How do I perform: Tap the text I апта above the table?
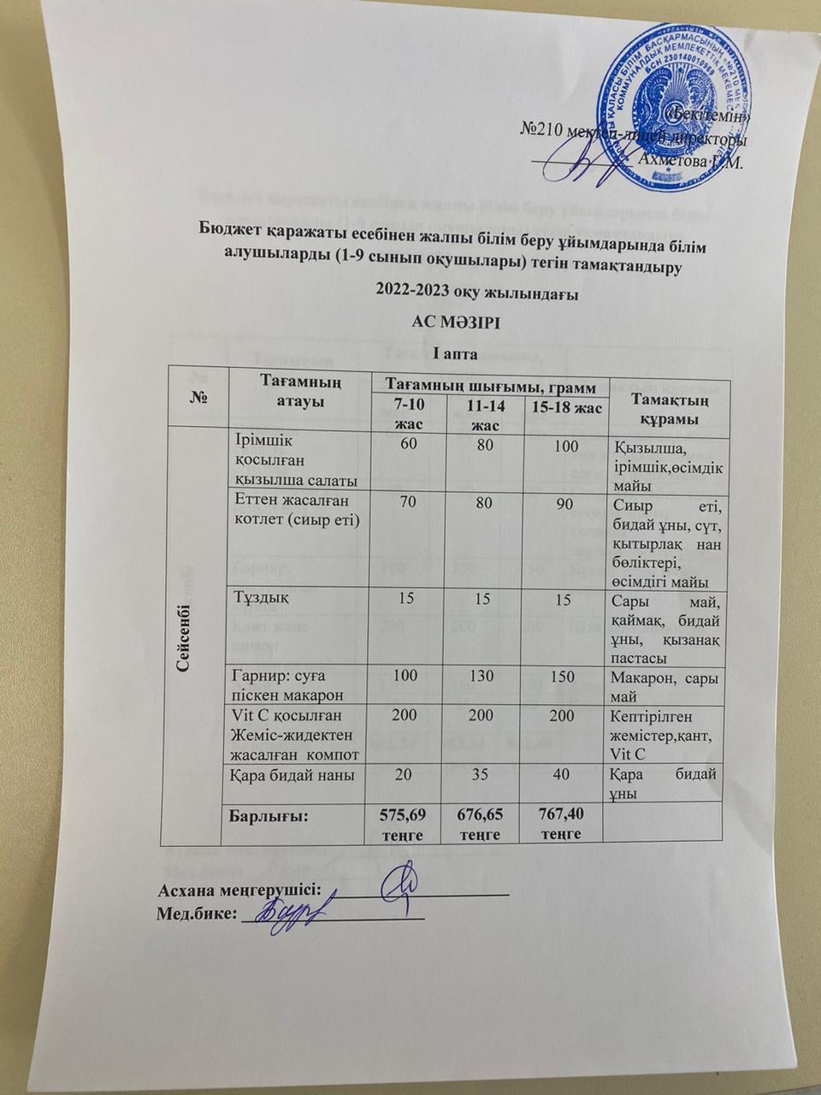(410, 351)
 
